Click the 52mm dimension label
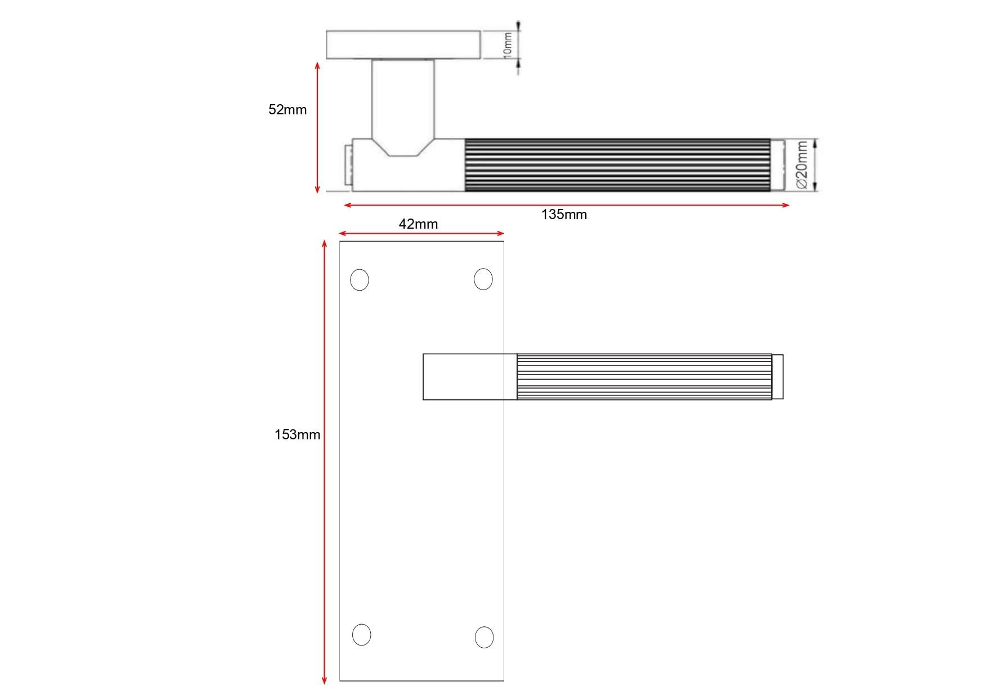pyautogui.click(x=288, y=110)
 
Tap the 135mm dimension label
pyautogui.click(x=564, y=215)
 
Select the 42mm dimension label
pyautogui.click(x=418, y=224)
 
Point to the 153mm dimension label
pyautogui.click(x=297, y=435)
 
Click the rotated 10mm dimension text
pyautogui.click(x=507, y=44)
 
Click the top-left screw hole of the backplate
pyautogui.click(x=360, y=280)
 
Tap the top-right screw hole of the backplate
pyautogui.click(x=483, y=279)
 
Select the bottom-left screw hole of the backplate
pyautogui.click(x=362, y=635)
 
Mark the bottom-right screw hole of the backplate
pyautogui.click(x=484, y=637)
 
